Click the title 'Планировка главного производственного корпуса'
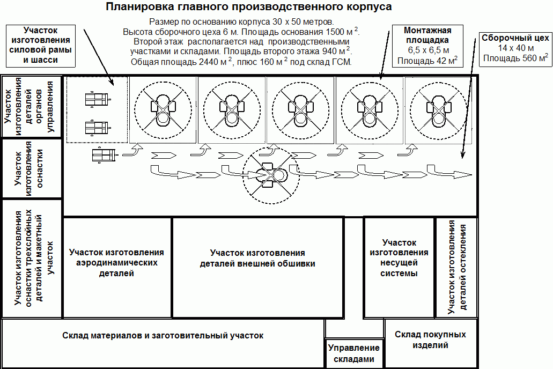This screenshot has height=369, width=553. click(249, 6)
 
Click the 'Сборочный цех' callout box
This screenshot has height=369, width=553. click(515, 49)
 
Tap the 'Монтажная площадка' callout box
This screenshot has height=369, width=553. click(427, 46)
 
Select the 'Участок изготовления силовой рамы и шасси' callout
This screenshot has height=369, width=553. click(41, 46)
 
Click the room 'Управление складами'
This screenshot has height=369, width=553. click(353, 353)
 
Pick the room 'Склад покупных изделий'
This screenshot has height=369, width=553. click(430, 343)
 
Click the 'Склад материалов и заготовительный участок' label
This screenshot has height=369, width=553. click(163, 336)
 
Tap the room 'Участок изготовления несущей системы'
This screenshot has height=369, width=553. click(399, 268)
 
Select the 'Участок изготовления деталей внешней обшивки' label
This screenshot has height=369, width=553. click(257, 258)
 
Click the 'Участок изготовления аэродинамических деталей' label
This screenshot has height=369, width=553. click(116, 263)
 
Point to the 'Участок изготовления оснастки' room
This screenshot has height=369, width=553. click(32, 168)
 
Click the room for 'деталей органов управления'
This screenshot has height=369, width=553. click(32, 106)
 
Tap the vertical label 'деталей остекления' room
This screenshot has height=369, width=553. click(456, 268)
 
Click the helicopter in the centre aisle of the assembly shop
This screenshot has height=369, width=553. click(271, 175)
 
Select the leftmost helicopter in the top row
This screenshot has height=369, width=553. click(163, 109)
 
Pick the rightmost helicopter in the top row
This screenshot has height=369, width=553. click(438, 109)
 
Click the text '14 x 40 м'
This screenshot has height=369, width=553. click(515, 48)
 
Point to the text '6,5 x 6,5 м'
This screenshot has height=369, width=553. click(428, 50)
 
